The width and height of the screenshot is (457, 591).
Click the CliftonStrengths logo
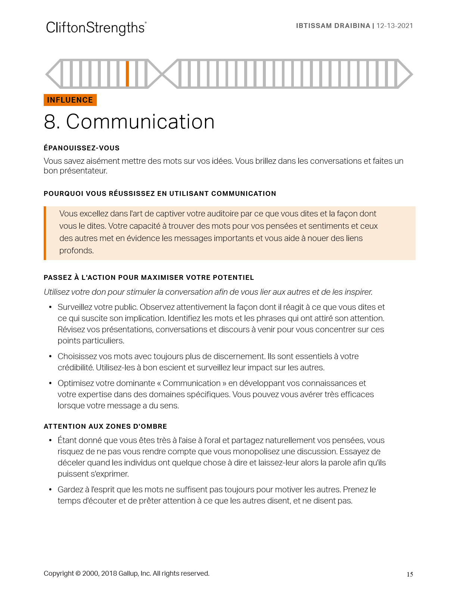(x=96, y=28)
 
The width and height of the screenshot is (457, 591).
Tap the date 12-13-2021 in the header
(x=395, y=26)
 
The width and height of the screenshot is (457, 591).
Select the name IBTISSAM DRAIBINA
(x=333, y=26)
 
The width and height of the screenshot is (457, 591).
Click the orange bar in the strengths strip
(x=127, y=74)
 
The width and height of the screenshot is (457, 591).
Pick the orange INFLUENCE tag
(x=70, y=100)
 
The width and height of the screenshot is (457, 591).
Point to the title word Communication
(x=140, y=122)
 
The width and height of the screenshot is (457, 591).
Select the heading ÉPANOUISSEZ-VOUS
(x=81, y=148)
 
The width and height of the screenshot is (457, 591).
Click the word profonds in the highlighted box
(x=76, y=251)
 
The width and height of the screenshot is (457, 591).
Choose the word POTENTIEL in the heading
(x=233, y=278)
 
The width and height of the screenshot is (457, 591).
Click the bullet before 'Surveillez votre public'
(x=50, y=307)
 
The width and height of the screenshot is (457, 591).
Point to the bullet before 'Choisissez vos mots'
(x=50, y=356)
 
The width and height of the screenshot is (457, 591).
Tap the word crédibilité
(x=75, y=368)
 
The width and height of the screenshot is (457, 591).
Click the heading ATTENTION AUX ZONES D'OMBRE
(x=105, y=426)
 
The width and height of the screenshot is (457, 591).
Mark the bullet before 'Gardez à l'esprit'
(x=50, y=490)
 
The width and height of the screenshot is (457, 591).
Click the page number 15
(x=410, y=575)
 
